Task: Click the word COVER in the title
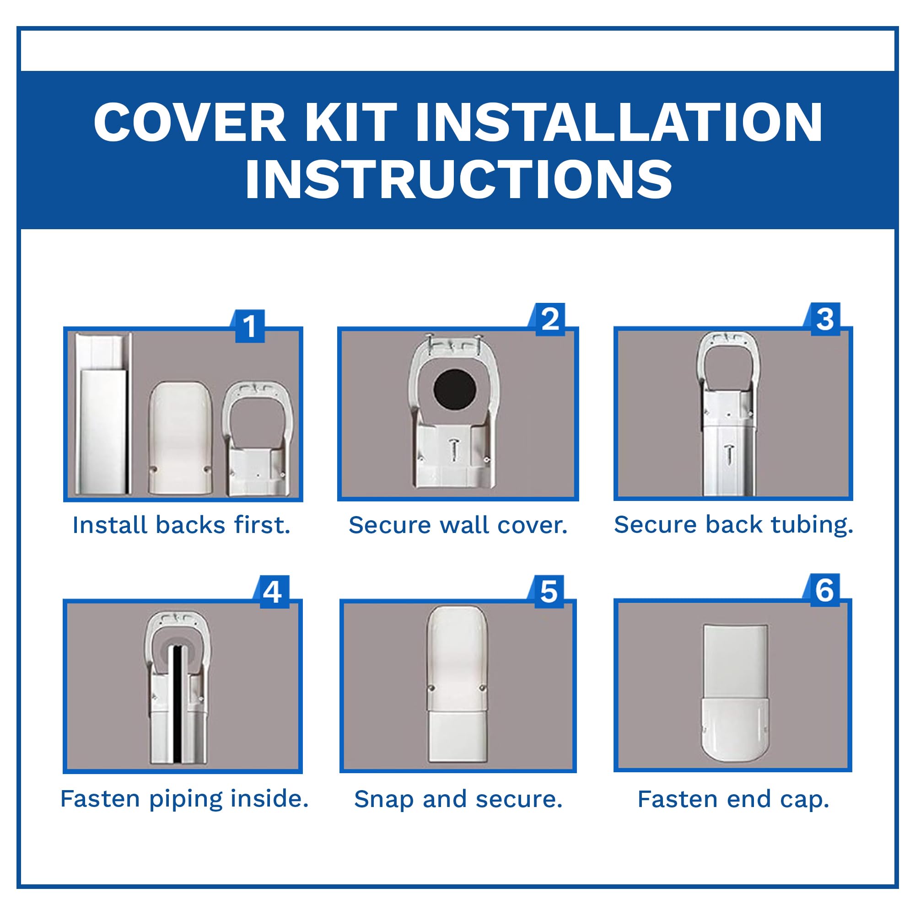(x=189, y=122)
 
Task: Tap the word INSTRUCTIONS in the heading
(x=457, y=179)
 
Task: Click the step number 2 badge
(x=550, y=319)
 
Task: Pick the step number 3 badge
(x=824, y=319)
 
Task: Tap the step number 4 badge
(x=272, y=592)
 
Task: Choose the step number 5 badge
(x=549, y=592)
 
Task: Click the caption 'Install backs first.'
(x=181, y=525)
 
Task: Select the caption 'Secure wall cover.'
(x=458, y=525)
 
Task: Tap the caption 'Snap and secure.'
(x=458, y=799)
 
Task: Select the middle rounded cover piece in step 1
(x=180, y=438)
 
